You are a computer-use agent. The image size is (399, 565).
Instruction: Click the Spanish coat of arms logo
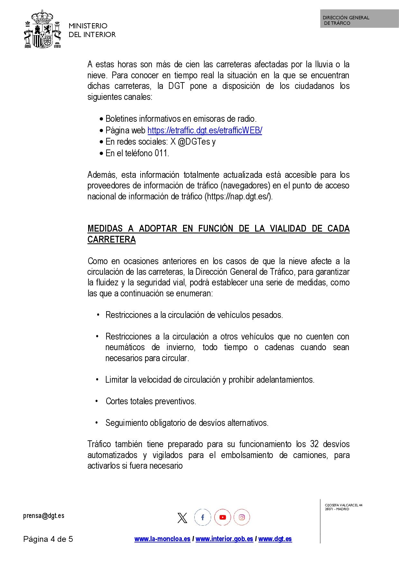click(x=42, y=30)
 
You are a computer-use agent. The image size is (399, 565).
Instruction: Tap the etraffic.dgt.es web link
click(x=205, y=130)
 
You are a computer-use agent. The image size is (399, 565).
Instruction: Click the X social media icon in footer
click(x=182, y=518)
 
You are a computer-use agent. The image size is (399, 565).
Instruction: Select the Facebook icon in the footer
click(x=202, y=517)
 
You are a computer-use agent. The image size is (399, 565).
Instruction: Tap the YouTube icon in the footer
click(x=222, y=517)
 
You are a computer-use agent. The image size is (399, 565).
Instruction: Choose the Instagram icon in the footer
click(x=242, y=517)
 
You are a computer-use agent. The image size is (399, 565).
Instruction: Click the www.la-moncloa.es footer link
click(x=162, y=539)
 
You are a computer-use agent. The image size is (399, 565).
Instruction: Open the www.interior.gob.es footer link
click(x=224, y=539)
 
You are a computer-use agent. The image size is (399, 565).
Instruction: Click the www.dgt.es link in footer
click(x=275, y=539)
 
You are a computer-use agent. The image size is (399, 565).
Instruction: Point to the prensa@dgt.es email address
click(x=44, y=516)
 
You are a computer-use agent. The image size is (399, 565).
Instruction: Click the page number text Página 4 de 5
click(x=48, y=539)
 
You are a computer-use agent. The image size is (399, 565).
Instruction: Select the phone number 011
click(x=162, y=153)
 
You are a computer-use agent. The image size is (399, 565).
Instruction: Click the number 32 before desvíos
click(x=314, y=444)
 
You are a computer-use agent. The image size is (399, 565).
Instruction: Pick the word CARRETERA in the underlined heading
click(x=112, y=240)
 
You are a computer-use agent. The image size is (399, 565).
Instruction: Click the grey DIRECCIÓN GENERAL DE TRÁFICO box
click(x=359, y=19)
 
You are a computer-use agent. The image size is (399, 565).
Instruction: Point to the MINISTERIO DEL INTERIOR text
click(x=92, y=30)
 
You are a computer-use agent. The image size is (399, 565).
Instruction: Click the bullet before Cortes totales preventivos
click(x=97, y=401)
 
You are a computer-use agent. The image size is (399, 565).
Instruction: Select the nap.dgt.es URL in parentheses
click(x=238, y=196)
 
